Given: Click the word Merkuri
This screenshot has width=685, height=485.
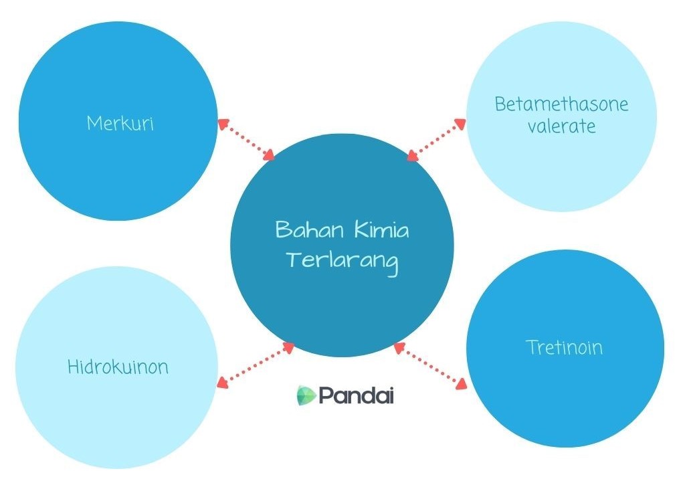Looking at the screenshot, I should point(120,123).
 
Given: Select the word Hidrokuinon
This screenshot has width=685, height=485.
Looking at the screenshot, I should point(118,367).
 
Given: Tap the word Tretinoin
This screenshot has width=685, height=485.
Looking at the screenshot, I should point(564,347).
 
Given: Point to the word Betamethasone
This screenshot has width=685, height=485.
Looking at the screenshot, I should point(561,104).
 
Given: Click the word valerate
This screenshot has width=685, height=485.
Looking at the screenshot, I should point(561,126).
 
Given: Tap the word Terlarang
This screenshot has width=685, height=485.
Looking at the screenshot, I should point(341,260).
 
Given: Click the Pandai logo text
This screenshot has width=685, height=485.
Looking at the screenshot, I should point(356,395).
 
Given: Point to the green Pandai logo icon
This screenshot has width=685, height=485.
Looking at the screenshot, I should point(306,395).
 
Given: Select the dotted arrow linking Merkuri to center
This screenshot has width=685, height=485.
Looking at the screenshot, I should point(247,140).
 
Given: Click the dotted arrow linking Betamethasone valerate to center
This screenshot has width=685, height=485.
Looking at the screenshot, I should point(436,140).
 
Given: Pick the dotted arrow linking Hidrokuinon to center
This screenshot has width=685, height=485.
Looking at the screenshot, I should point(256,365).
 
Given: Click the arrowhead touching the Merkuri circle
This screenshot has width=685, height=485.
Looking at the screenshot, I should point(223,123).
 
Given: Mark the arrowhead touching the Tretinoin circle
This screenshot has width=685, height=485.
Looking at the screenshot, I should point(460,384).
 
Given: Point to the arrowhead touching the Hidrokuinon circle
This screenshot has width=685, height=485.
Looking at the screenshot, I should point(221,383).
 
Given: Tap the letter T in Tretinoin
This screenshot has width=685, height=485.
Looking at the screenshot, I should point(531,347).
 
